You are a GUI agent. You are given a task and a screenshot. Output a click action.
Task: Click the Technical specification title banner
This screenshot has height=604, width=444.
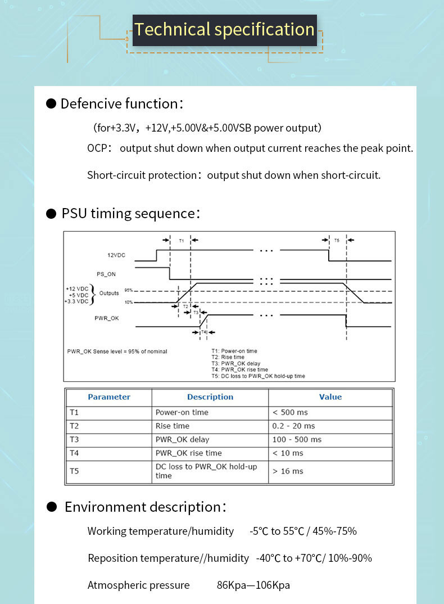tap(224, 30)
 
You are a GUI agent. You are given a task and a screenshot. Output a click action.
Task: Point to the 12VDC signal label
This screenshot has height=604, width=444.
tap(116, 255)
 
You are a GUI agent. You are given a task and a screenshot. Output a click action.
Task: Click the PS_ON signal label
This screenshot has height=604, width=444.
tap(106, 274)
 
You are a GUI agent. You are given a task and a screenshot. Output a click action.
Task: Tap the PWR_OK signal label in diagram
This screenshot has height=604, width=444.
tap(107, 318)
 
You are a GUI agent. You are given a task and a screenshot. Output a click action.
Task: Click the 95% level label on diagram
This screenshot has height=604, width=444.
tap(128, 290)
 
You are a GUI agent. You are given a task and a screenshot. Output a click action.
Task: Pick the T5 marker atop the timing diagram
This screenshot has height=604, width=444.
tap(337, 240)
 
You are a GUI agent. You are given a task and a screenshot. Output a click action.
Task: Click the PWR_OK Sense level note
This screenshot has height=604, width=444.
tap(117, 351)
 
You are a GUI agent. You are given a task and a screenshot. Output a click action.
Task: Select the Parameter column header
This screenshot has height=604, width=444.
tap(109, 397)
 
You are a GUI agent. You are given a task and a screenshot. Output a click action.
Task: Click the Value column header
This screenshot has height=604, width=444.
tap(330, 397)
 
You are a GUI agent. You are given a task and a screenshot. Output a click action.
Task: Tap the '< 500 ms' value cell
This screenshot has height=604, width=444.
tap(291, 412)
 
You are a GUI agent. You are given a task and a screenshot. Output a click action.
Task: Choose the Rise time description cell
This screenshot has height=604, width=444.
tap(173, 426)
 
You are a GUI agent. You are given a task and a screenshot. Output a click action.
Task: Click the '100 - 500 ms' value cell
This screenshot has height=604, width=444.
tap(297, 440)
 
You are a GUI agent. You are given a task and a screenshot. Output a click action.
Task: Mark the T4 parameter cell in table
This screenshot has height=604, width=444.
tap(74, 453)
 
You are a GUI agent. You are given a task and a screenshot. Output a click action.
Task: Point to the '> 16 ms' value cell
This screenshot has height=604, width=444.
tap(288, 471)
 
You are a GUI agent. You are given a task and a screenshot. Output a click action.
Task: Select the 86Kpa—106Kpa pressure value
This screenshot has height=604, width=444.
tap(253, 585)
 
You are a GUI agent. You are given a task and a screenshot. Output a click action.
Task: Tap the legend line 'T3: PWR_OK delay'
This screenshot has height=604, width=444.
tap(235, 364)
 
